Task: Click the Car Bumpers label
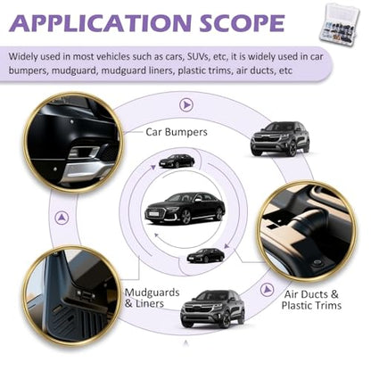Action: point(177,132)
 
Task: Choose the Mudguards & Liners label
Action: point(152,298)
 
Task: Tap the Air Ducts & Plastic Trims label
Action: point(311,300)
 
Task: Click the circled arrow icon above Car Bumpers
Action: point(186,104)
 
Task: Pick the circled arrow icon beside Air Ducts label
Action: point(267,289)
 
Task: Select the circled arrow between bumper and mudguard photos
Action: point(62,218)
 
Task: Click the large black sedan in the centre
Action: point(185,208)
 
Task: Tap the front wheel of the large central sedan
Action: point(185,216)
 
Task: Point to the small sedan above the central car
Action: point(177,161)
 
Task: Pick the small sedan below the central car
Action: point(206,255)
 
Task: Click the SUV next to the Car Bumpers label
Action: point(280,139)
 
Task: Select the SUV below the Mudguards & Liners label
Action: point(212,309)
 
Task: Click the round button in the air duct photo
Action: point(317,263)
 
